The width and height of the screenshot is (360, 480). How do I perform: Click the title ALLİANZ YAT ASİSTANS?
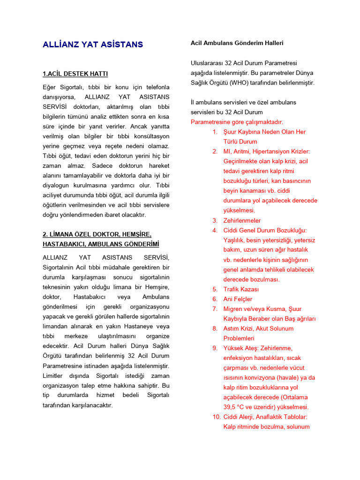(x=93, y=45)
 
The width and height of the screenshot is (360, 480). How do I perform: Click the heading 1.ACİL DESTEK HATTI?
(x=75, y=74)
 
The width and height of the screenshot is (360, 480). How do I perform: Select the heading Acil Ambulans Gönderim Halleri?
(x=237, y=43)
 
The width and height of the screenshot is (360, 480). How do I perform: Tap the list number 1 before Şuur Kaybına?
(x=215, y=132)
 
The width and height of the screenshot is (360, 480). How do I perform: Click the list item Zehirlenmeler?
(x=242, y=220)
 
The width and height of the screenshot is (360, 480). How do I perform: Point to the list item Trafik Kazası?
(x=241, y=289)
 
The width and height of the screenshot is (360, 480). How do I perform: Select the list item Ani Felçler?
(x=238, y=299)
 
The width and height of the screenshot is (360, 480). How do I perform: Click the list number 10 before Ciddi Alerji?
(x=216, y=417)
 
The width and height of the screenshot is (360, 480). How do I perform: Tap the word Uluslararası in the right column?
(x=207, y=63)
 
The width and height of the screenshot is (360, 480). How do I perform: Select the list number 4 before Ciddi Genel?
(x=215, y=230)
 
